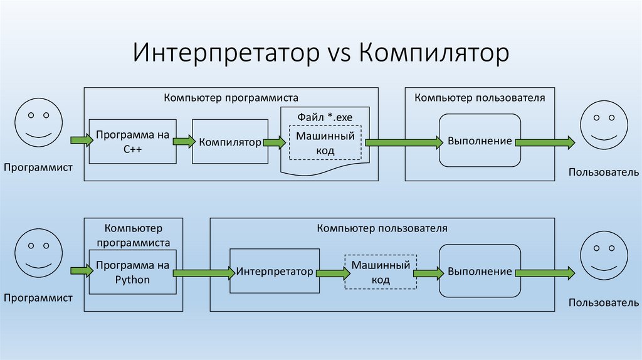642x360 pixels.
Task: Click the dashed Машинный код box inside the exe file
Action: coord(325,143)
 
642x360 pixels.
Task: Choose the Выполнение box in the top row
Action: coord(480,140)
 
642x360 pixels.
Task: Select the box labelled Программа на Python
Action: coord(132,272)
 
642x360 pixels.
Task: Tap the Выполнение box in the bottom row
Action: coord(480,272)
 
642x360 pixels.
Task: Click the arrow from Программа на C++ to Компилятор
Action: coord(184,142)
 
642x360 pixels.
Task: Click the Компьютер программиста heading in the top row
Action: coord(231,98)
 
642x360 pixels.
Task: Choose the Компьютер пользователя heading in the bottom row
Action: coord(382,228)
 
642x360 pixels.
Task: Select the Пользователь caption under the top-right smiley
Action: coord(604,172)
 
